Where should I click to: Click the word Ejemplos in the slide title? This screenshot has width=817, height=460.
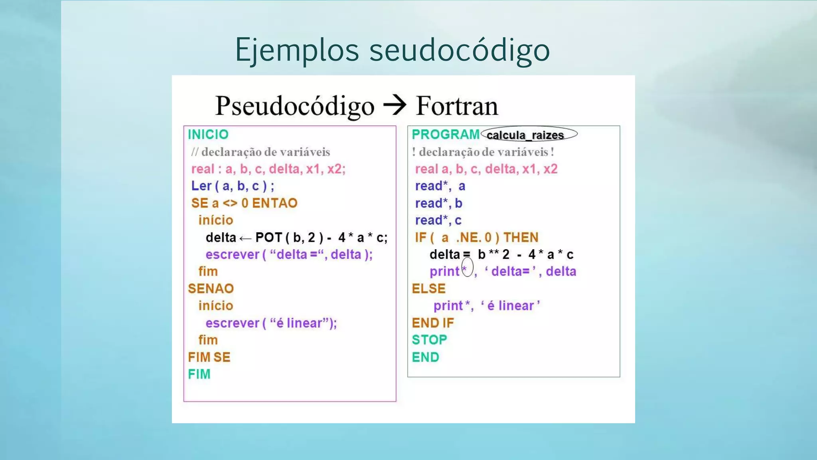pos(297,50)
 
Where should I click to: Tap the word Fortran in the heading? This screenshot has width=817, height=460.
pos(457,106)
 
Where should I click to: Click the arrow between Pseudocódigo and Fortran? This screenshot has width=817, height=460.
pos(395,105)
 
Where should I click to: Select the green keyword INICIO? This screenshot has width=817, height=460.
pos(208,135)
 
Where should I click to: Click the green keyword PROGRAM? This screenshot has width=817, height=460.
pos(445,135)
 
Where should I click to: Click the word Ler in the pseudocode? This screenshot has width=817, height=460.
pos(201,186)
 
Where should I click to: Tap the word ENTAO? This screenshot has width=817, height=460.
pos(274,203)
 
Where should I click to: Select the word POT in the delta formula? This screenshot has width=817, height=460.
pos(268,238)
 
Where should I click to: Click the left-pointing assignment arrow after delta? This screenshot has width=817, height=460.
pos(245,239)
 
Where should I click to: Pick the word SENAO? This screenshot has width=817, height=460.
pos(211,289)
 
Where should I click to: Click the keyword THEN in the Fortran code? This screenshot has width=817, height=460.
pos(521,238)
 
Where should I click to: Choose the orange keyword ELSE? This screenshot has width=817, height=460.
pos(428,289)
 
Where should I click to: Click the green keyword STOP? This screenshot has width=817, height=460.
pos(429,340)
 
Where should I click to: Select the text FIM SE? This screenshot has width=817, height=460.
pos(209,357)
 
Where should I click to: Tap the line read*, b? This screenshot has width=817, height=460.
pos(438,203)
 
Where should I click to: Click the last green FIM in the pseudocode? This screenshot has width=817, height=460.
pos(199,375)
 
